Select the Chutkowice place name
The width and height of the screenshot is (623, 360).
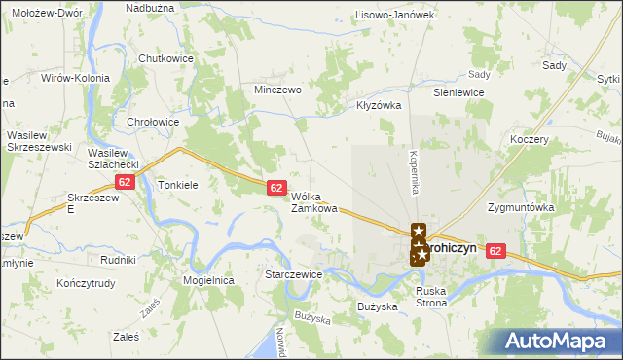(166, 58)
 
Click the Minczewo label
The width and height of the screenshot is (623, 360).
(277, 89)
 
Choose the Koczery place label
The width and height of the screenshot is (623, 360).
(530, 139)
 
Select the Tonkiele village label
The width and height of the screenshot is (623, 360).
(178, 184)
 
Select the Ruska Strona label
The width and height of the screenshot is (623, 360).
(431, 297)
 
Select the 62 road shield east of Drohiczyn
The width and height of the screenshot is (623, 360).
(497, 250)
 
